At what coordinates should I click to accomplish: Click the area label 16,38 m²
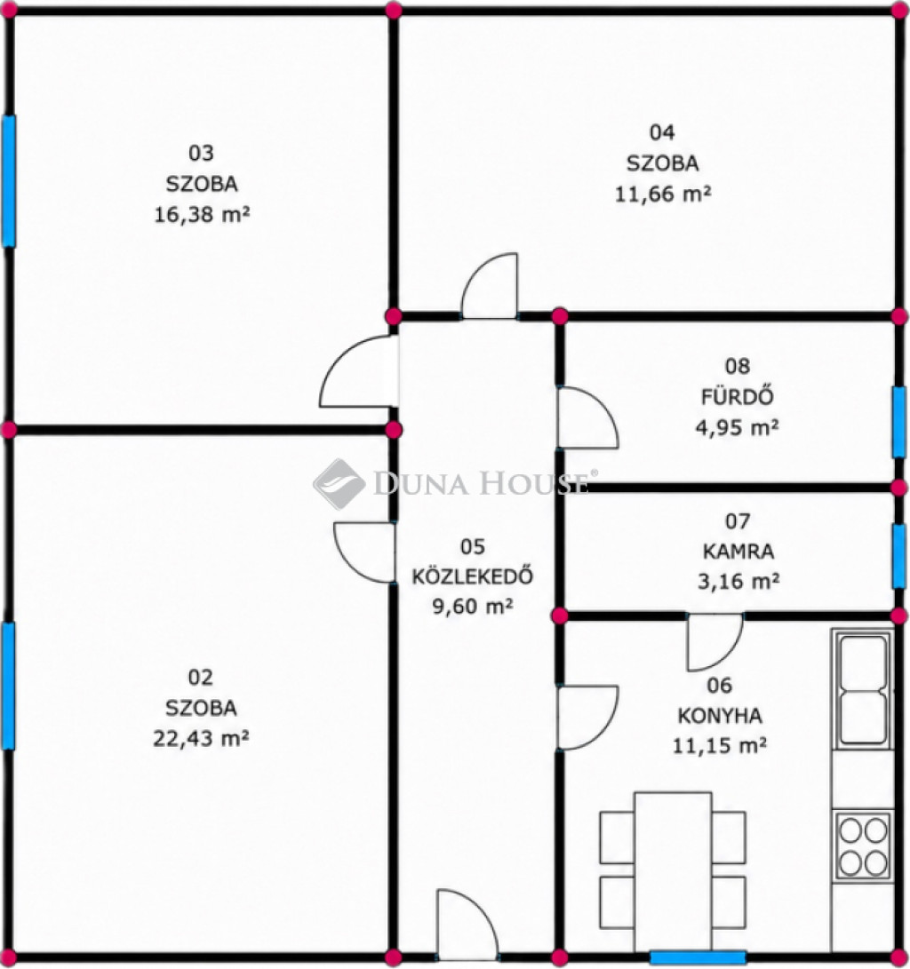202,214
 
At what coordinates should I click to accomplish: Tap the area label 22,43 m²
201,738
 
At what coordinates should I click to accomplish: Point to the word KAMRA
738,551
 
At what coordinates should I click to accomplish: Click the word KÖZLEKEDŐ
473,576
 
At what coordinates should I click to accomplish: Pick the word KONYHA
720,716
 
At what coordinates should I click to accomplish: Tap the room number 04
662,132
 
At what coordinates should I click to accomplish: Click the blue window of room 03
9,180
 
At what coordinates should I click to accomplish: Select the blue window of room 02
8,686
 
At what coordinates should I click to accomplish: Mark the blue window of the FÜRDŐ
898,422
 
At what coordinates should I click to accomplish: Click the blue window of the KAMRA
898,556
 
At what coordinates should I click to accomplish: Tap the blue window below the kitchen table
698,957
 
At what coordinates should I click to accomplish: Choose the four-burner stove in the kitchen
863,845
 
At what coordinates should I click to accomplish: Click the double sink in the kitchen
862,689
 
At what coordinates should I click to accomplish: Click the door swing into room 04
490,285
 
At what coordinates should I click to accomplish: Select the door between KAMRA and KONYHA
715,642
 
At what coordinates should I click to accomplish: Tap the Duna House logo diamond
339,484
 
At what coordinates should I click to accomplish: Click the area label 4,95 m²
737,427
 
